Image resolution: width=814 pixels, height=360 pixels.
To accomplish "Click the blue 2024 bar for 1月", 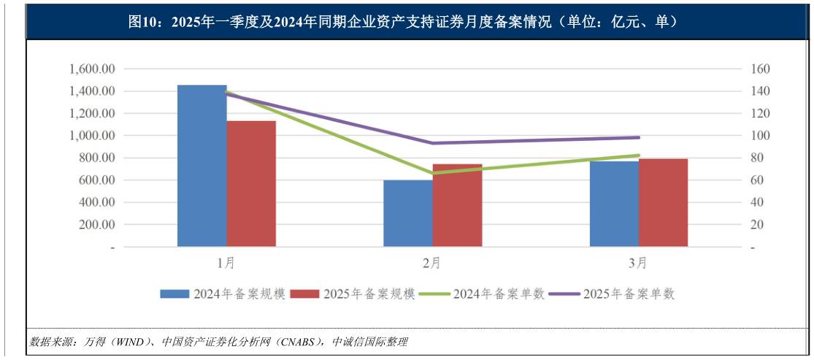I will pos(202,166).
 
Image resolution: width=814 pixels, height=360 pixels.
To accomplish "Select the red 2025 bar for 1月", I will pos(251,183).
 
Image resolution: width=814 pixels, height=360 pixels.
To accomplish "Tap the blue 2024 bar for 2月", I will pos(408,213).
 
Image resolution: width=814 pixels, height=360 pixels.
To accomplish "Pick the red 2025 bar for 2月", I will pos(458,205).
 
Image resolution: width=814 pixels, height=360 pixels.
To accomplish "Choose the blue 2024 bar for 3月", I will pos(614,204).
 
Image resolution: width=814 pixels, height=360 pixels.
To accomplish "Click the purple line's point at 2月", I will pos(433,143).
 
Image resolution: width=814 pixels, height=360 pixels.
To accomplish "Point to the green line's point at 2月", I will pos(433,174).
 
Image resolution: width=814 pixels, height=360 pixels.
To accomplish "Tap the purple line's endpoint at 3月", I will pos(639,137).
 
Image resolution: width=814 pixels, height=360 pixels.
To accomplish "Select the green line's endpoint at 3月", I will pos(639,155).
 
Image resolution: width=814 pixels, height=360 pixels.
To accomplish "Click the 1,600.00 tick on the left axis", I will pos(93,69).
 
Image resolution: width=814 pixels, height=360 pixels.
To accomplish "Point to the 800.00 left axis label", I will pos(98,158).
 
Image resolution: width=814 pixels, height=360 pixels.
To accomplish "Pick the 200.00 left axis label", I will pos(98,225).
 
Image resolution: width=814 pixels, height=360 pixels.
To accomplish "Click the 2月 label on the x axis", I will pos(432,261).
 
